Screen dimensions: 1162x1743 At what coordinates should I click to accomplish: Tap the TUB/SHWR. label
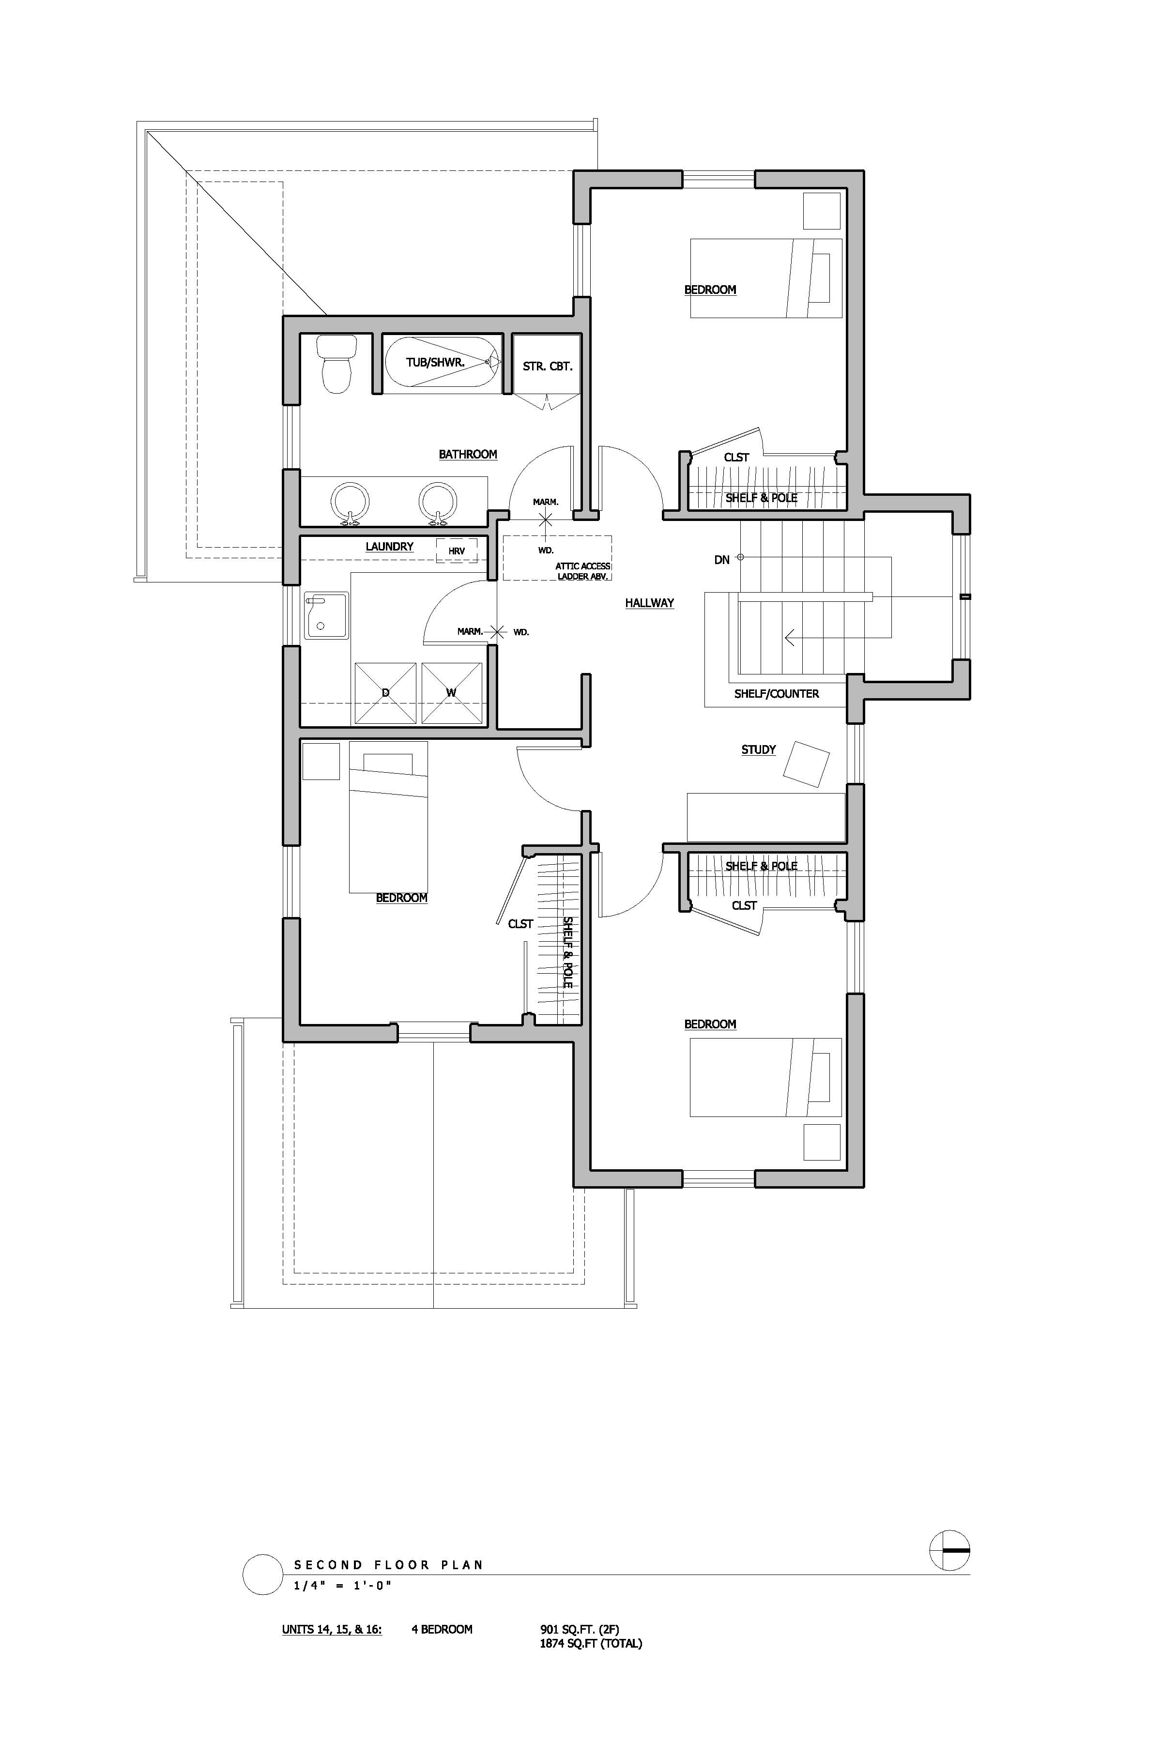(435, 362)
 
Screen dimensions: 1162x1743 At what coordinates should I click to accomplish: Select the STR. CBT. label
(548, 366)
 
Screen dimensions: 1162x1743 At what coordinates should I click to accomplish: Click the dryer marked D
(385, 693)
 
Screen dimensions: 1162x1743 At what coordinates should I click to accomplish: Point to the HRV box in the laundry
(457, 550)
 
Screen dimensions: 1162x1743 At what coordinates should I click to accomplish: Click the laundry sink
(326, 615)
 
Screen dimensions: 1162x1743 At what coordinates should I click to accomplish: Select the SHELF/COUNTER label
(777, 694)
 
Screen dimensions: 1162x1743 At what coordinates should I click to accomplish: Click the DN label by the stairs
(722, 560)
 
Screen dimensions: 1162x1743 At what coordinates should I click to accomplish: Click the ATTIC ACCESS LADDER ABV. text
(583, 571)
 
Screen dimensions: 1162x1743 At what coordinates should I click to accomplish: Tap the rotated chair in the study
(806, 764)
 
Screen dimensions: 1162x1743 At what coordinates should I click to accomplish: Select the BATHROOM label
(468, 454)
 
